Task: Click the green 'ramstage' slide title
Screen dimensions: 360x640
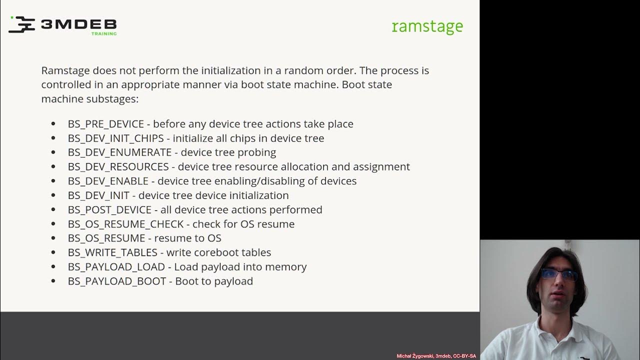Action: (427, 26)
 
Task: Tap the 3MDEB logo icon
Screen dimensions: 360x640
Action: (21, 24)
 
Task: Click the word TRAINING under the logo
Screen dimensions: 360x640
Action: (104, 34)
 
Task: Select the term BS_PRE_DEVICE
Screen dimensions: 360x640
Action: (106, 124)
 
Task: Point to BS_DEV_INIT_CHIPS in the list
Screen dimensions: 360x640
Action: (115, 138)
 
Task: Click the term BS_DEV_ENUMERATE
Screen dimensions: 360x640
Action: (119, 152)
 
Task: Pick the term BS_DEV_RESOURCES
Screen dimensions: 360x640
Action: (118, 167)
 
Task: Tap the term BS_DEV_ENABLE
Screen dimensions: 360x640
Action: (108, 181)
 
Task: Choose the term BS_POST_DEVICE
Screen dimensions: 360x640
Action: (109, 210)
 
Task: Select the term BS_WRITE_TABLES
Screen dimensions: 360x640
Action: (112, 252)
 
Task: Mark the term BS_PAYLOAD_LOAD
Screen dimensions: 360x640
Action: (116, 267)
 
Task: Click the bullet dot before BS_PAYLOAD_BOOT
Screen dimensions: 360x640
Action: (53, 281)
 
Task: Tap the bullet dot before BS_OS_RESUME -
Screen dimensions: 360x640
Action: (53, 238)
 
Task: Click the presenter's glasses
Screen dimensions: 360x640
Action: (558, 274)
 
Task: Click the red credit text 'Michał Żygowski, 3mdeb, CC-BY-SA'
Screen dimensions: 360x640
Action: (436, 356)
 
